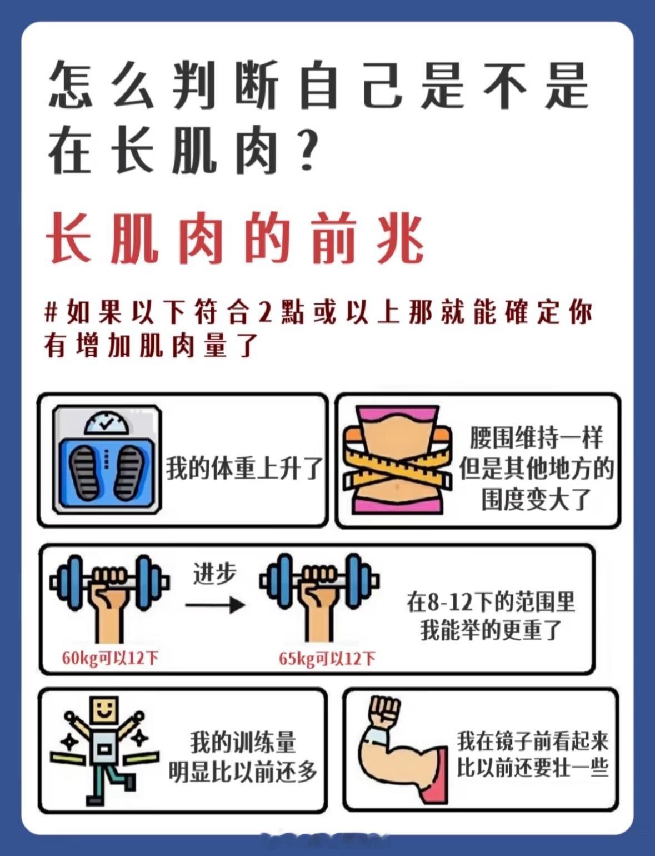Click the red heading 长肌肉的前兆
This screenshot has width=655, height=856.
236,238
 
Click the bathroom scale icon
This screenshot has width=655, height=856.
107,460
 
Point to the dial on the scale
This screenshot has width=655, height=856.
107,422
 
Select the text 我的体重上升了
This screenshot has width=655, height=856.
244,469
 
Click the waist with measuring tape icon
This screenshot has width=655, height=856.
398,460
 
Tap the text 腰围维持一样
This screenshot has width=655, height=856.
537,437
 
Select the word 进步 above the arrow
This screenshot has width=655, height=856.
215,574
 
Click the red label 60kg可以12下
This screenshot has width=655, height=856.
110,658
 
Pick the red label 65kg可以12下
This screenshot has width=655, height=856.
328,658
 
